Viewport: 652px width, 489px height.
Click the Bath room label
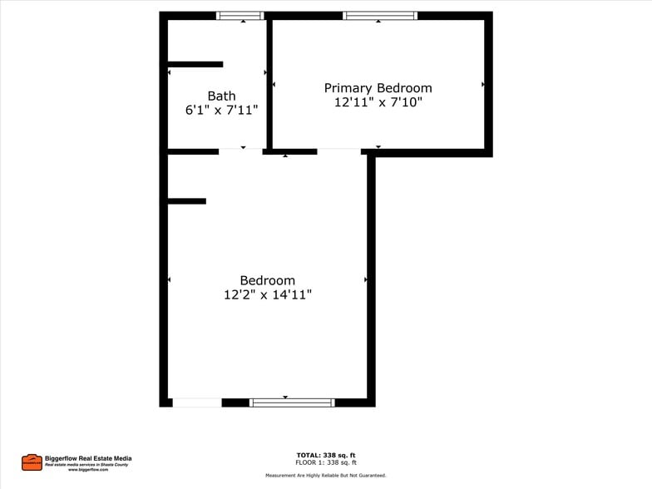[221, 96]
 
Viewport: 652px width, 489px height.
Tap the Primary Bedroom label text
[378, 88]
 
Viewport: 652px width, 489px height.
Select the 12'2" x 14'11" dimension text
[267, 294]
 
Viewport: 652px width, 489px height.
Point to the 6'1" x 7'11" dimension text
[221, 110]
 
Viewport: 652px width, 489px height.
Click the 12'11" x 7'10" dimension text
[378, 102]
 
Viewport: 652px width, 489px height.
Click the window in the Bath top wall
[240, 15]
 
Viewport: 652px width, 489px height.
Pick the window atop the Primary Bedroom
[379, 15]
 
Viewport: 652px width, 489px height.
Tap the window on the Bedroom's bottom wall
[292, 403]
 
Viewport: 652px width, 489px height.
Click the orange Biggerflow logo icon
[32, 462]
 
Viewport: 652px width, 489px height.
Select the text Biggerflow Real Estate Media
[87, 458]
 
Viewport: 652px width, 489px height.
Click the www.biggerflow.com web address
[87, 470]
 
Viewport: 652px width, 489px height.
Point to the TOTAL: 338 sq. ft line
[326, 455]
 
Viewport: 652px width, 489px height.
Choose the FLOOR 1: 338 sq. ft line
[326, 462]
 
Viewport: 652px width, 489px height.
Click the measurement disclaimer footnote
[326, 475]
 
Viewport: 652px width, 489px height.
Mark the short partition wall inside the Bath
[195, 64]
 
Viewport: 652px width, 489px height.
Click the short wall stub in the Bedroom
[187, 200]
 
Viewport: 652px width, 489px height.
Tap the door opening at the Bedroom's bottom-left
[197, 403]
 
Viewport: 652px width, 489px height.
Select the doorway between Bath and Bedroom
[240, 151]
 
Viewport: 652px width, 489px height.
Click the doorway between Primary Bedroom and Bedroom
[338, 151]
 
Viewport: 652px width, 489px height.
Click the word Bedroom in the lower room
[267, 280]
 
